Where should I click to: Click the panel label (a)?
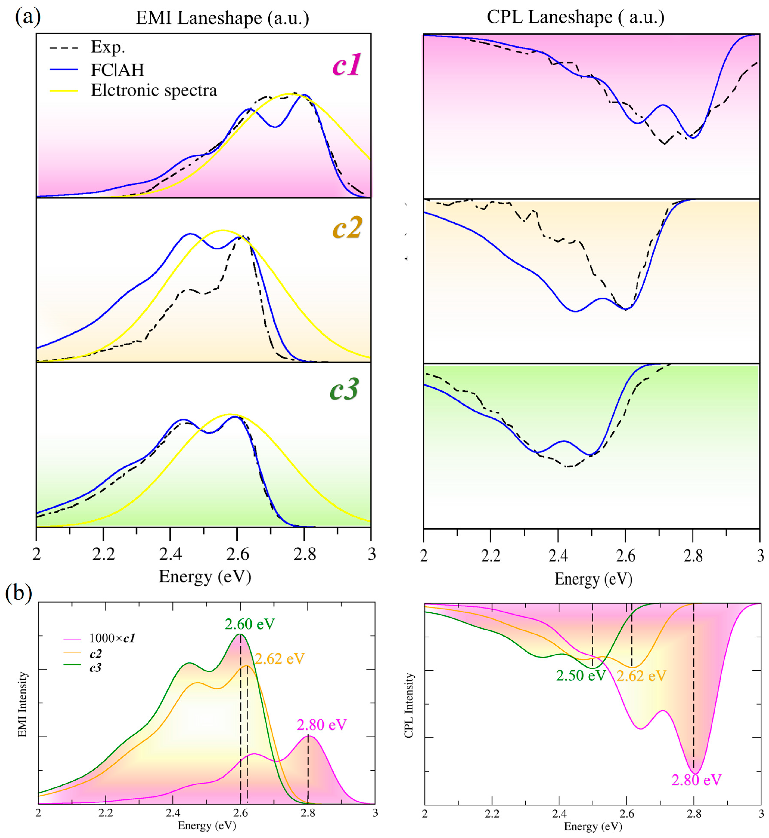(x=28, y=17)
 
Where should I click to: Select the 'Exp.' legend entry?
(x=108, y=47)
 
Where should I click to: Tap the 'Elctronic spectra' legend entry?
(x=154, y=90)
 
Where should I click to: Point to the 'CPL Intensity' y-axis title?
(x=409, y=706)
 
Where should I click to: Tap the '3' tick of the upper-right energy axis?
(x=760, y=556)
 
